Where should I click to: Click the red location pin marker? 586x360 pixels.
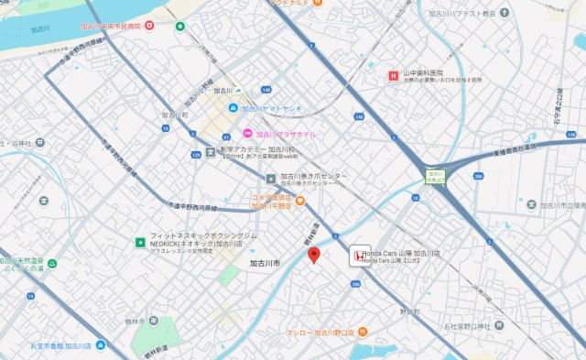click(x=313, y=255)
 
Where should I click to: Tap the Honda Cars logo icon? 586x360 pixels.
click(x=356, y=256)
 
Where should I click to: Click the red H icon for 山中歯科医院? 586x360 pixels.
click(x=393, y=73)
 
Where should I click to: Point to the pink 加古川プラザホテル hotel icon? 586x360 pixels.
click(x=246, y=134)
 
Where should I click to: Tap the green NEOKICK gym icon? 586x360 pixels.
click(x=140, y=243)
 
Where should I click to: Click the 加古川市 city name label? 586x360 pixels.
click(x=266, y=263)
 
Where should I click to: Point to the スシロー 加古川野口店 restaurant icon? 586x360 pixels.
click(x=363, y=332)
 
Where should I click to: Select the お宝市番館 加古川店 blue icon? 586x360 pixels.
click(x=100, y=345)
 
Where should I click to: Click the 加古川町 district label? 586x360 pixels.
click(x=174, y=115)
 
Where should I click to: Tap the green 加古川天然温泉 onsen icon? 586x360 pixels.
click(x=52, y=263)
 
